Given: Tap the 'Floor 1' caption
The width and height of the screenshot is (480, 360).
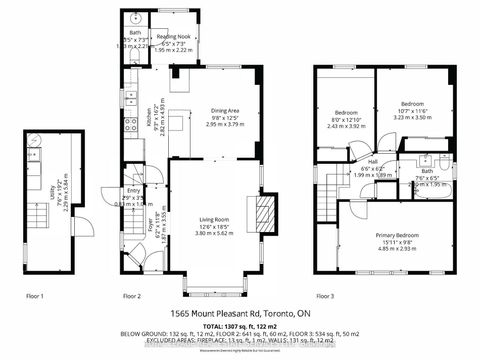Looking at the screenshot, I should coord(38,296).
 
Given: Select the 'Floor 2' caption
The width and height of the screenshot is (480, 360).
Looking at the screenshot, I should coord(136,296).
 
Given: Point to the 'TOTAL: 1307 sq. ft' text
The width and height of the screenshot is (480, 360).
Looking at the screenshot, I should coord(240,326).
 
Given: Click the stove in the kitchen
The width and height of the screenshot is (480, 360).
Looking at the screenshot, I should coord(130,126).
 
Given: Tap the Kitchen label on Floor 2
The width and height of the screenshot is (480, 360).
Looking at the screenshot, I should coord(147,119).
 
